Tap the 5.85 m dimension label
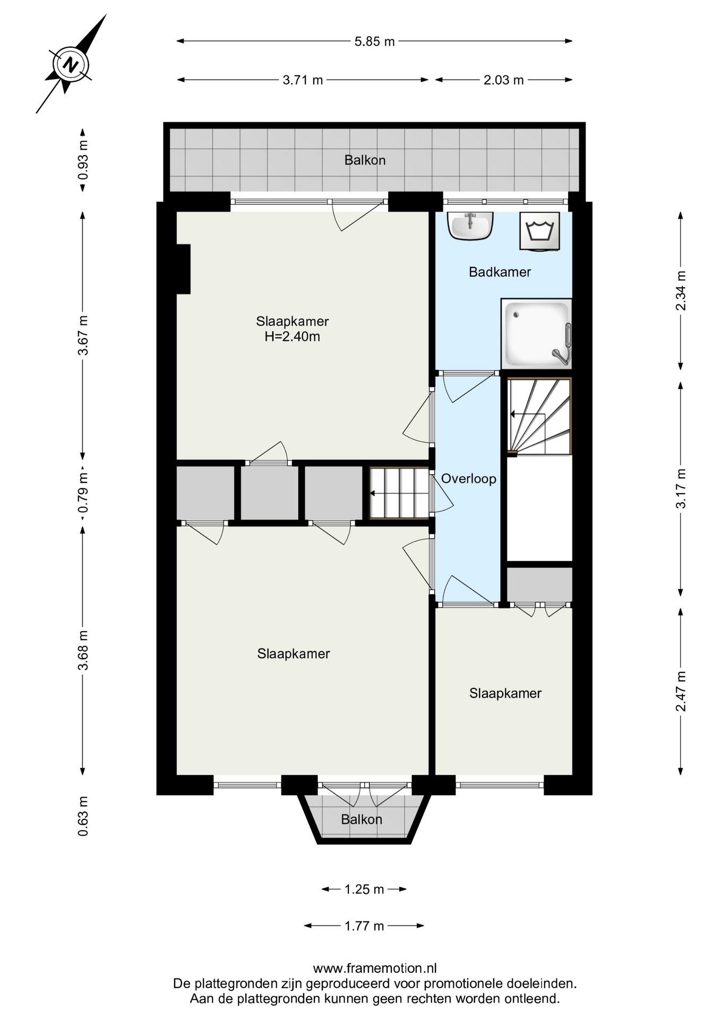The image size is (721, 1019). coord(374,41)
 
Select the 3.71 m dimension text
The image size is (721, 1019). coord(303,80)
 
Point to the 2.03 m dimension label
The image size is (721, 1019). coord(503,80)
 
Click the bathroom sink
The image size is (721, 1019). coord(470,226)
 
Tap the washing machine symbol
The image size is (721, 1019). coord(539,231)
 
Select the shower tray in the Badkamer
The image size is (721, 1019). coord(536,333)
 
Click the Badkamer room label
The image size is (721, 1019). coord(500,272)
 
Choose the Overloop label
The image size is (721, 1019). coord(468,479)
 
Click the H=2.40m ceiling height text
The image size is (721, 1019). coord(293,336)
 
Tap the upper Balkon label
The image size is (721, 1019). coord(365,160)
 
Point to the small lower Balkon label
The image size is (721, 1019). coord(362,819)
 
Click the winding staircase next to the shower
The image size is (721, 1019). coord(539,416)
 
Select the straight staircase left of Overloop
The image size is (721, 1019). coord(399,493)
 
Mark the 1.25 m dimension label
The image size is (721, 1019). coord(364,889)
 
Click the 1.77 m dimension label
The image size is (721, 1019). coord(364,926)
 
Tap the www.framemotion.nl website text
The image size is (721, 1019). coord(375,969)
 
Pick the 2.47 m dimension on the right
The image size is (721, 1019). coord(681,691)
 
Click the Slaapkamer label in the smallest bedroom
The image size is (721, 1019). coord(505,694)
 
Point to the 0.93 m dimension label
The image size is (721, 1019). coord(83,160)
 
